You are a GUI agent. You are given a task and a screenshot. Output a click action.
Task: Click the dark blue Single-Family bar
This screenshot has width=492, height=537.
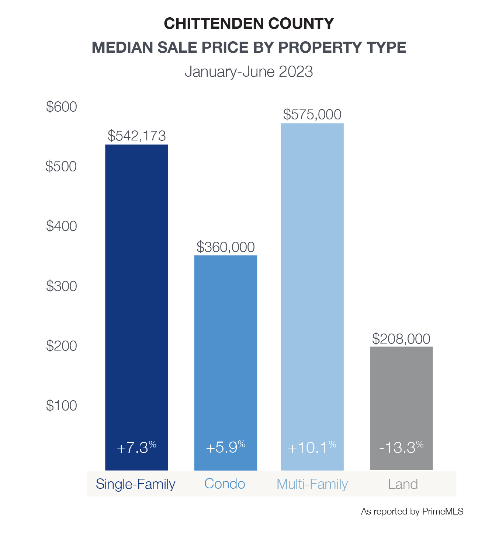136,307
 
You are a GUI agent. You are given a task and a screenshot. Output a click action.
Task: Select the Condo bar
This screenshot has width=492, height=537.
226,363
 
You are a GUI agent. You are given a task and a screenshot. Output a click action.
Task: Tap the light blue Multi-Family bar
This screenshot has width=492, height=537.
312,297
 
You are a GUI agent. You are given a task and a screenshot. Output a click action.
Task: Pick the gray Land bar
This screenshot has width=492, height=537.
401,408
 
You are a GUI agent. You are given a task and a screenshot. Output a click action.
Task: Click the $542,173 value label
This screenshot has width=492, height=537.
137,136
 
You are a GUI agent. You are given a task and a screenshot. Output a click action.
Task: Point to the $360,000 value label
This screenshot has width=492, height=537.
226,247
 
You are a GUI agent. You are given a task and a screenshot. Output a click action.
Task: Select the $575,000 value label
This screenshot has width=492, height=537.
312,114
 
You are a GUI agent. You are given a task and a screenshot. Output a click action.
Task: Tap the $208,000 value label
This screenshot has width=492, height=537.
401,339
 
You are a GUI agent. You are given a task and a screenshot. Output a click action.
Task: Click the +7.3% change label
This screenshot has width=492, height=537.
136,447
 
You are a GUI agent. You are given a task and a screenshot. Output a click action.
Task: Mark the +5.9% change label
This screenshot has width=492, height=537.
226,447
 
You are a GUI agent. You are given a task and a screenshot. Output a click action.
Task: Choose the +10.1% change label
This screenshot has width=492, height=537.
312,447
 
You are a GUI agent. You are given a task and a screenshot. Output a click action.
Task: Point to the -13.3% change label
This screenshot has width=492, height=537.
401,447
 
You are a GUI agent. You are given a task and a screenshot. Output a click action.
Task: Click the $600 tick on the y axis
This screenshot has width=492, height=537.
61,107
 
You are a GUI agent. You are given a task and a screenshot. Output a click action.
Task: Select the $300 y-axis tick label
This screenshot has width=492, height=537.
61,286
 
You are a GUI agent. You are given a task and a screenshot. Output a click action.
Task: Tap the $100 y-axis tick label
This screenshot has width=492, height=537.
61,405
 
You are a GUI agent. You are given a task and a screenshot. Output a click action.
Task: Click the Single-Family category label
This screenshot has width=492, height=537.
136,484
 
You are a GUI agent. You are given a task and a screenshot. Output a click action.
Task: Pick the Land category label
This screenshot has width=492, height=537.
403,484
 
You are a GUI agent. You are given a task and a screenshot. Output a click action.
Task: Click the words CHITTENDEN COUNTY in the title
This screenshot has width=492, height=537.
249,23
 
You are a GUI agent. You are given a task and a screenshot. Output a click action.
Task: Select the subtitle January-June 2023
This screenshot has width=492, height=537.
249,72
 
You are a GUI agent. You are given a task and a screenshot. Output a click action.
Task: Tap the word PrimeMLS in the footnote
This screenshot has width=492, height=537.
443,512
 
